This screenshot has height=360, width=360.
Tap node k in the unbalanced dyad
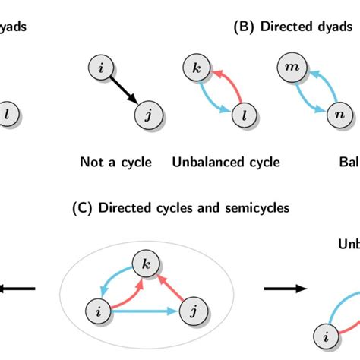click(196, 70)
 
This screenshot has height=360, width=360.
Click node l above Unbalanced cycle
click(242, 116)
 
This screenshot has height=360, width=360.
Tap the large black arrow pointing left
click(18, 288)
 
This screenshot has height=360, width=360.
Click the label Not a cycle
click(116, 162)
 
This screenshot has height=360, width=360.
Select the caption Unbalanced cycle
click(226, 162)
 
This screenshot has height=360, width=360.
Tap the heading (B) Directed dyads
click(292, 27)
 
